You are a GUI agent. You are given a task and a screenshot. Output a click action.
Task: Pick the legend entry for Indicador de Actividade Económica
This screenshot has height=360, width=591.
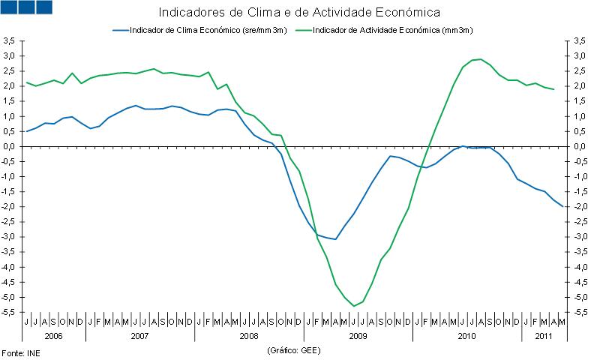[x=386, y=30]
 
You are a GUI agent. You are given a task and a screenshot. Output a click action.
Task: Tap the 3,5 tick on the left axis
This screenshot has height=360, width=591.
[x=10, y=40]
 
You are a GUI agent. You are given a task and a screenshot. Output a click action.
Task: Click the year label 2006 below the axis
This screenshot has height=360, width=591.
[x=53, y=335]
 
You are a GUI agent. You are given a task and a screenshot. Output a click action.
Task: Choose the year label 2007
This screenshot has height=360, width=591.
[x=139, y=335]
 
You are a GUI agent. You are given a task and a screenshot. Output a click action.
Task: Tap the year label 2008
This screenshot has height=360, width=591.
[x=249, y=335]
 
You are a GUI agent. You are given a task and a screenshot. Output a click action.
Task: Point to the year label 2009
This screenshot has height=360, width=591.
[x=358, y=335]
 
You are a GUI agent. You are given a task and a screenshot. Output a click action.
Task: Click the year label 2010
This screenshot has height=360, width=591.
[x=466, y=335]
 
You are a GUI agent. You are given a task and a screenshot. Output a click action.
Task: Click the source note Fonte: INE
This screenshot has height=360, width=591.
[x=20, y=351]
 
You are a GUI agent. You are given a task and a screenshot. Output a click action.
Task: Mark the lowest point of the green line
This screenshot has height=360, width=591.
[x=354, y=306]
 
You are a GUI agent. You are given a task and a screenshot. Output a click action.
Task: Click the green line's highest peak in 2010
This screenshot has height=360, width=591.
[x=480, y=59]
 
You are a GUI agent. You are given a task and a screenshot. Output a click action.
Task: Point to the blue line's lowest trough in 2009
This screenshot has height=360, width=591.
[x=335, y=239]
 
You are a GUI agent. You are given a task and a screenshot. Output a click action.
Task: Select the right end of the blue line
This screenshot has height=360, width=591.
[x=563, y=206]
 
